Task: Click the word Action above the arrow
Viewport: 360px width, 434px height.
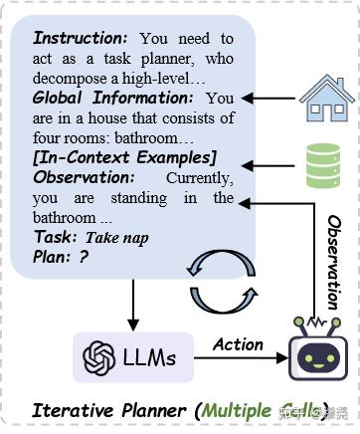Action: pyautogui.click(x=238, y=344)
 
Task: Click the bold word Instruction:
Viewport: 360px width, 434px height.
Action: pyautogui.click(x=81, y=39)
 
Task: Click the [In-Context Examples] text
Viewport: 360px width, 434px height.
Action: pyautogui.click(x=124, y=157)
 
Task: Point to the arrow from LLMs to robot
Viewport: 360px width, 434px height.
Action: pyautogui.click(x=238, y=360)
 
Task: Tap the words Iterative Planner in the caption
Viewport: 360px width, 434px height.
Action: pyautogui.click(x=110, y=409)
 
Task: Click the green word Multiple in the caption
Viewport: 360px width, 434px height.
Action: pyautogui.click(x=246, y=409)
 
